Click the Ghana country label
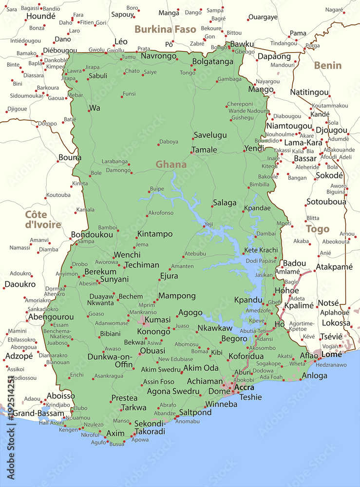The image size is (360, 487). point(171,165)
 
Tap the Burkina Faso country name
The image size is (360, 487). point(165,29)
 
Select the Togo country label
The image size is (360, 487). point(318,229)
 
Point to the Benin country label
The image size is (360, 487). point(327,65)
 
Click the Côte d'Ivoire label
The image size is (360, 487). point(43,219)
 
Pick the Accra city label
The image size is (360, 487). point(244,388)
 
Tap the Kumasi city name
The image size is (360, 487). point(158,320)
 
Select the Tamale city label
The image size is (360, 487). point(204,150)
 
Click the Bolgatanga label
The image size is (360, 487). point(213,62)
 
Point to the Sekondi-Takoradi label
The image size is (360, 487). point(150,428)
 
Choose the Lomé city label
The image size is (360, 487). point(332,355)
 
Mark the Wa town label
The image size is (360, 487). point(95,108)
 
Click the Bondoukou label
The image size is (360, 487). point(92,235)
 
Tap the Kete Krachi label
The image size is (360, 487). point(261,250)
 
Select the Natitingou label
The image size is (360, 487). point(309,92)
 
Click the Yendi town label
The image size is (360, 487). point(254,148)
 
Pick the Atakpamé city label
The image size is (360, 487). point(334,267)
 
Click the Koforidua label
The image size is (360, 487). point(246,356)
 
